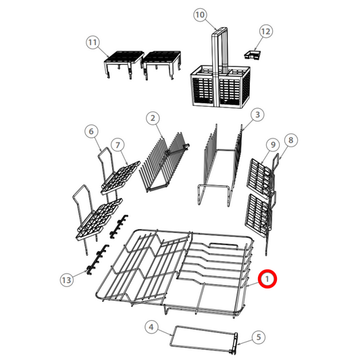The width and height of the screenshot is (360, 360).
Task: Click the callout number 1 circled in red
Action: coord(268,278)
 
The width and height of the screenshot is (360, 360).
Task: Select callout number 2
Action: coord(153,118)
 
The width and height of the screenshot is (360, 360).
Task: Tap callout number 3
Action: coord(257,115)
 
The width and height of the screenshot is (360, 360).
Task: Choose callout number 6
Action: coord(92,131)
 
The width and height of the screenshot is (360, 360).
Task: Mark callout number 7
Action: coord(117,145)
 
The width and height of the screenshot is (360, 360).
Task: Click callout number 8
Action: coord(291,140)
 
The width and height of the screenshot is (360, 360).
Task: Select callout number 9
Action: coord(272,145)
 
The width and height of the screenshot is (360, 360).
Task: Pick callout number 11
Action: coord(92,42)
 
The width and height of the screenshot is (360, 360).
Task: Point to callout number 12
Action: coord(265,31)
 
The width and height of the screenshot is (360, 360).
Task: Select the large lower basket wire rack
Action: coord(182,270)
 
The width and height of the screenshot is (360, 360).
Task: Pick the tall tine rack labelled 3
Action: coord(220,165)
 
